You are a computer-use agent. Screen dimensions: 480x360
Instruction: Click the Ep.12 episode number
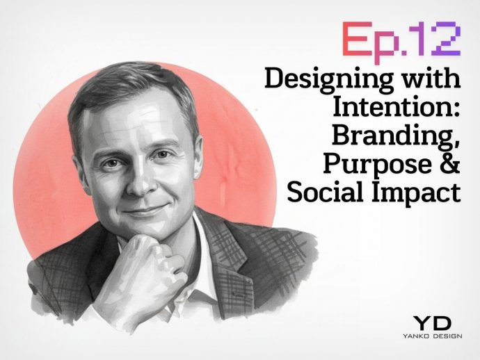(x=401, y=39)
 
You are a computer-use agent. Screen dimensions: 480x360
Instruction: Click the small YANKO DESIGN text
(x=432, y=336)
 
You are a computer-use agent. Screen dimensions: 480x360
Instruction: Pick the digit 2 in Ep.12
(x=446, y=39)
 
